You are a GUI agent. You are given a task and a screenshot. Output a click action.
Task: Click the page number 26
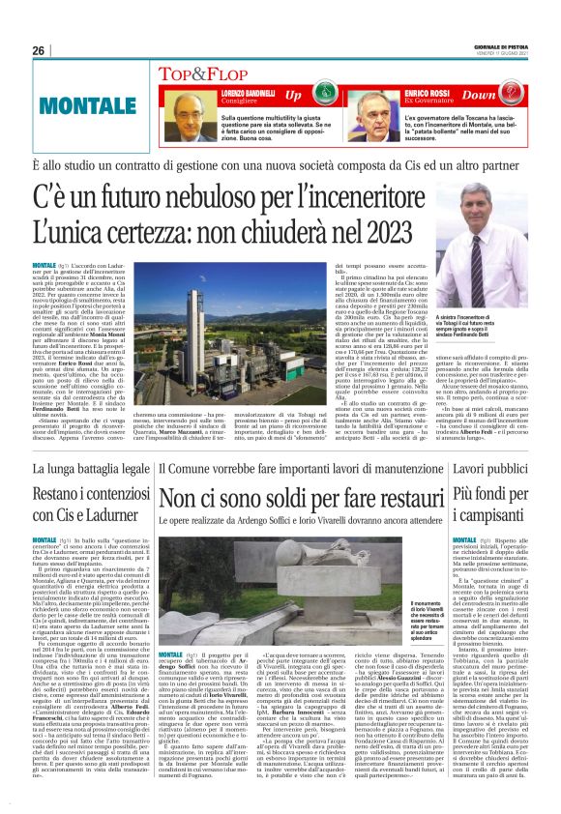click(x=39, y=50)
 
